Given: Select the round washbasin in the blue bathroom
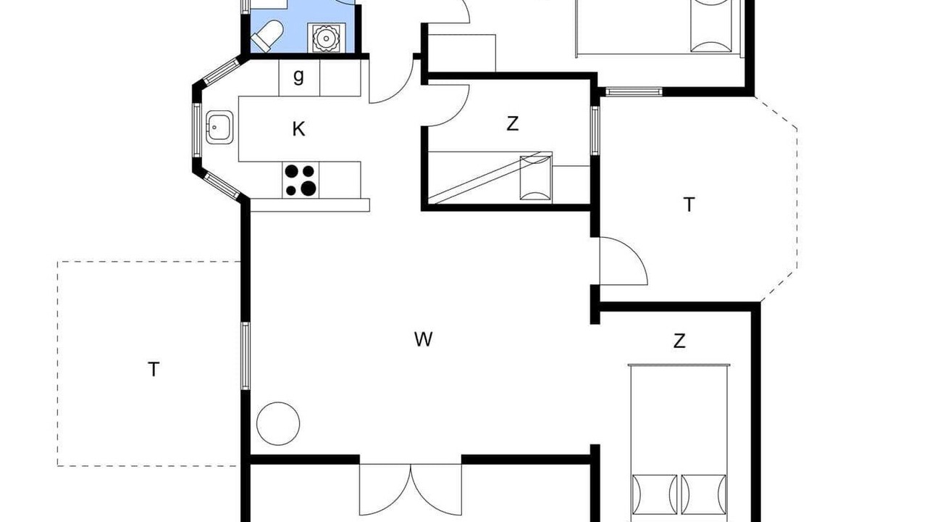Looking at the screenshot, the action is pos(326,38).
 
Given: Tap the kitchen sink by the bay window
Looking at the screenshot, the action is pos(219,127).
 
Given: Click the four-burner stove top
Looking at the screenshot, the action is pos(301,179).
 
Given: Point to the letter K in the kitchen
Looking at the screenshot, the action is pos(298,129).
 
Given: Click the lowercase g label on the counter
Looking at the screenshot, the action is pos(298,77).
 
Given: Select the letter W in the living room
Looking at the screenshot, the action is pos(424,339).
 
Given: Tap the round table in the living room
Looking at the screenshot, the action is pos(278,423).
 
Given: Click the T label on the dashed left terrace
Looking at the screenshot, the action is pos(154,369).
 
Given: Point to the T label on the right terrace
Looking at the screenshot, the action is pos(689,204).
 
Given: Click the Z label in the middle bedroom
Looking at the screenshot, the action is pos(512,123).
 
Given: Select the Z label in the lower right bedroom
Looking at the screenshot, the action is pos(679,341).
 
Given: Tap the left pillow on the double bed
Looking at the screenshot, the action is pos(654,495).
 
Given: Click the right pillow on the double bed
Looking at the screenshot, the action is pos(703,495).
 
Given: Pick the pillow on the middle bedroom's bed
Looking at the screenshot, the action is pos(536,178).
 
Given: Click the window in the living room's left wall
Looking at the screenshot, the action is pos(246,356).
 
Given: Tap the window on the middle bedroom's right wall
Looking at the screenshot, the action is pos(595,130).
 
